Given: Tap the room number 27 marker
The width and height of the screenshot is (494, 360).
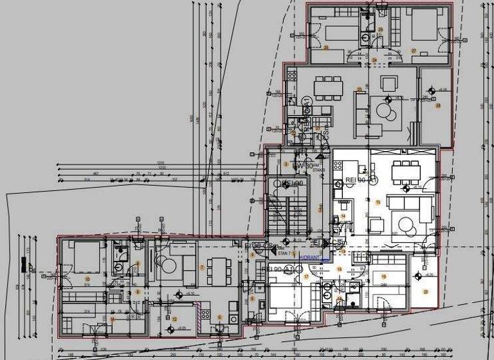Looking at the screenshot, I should pyautogui.click(x=414, y=51).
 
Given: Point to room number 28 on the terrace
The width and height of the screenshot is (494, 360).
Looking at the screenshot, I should pyautogui.click(x=438, y=105).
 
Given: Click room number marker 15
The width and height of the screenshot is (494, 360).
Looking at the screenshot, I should pyautogui.click(x=378, y=203).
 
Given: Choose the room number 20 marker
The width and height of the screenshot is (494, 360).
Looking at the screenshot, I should pyautogui.click(x=425, y=291).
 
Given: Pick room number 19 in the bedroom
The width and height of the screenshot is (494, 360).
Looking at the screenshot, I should pyautogui.click(x=384, y=277).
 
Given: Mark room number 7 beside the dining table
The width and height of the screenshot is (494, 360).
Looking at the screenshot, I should pyautogui.click(x=202, y=267).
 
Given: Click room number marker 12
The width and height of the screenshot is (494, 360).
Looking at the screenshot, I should pyautogui.click(x=174, y=319).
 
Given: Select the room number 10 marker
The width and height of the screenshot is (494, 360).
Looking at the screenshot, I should pyautogui.click(x=86, y=278).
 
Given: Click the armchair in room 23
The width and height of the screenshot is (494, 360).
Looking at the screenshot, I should pyautogui.click(x=389, y=84).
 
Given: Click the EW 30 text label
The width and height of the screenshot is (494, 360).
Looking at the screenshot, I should pyautogui.click(x=303, y=166).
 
